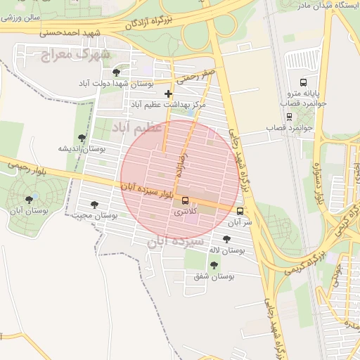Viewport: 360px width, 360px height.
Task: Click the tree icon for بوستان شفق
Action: click(x=214, y=265)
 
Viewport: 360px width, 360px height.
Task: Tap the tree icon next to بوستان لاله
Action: click(x=226, y=239)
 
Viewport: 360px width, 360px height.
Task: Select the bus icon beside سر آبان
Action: click(x=240, y=211)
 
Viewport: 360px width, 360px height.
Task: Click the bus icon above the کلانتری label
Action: click(x=185, y=200)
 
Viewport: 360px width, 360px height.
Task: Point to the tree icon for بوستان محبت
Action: click(x=94, y=205)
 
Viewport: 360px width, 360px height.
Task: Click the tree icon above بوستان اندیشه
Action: click(x=82, y=139)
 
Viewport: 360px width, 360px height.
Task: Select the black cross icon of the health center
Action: click(x=168, y=94)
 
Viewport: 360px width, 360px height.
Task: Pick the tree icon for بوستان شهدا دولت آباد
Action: click(x=116, y=72)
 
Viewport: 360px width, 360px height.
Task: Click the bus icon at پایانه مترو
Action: click(x=304, y=82)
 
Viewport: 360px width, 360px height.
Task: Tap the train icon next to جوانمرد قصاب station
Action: click(x=289, y=117)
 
